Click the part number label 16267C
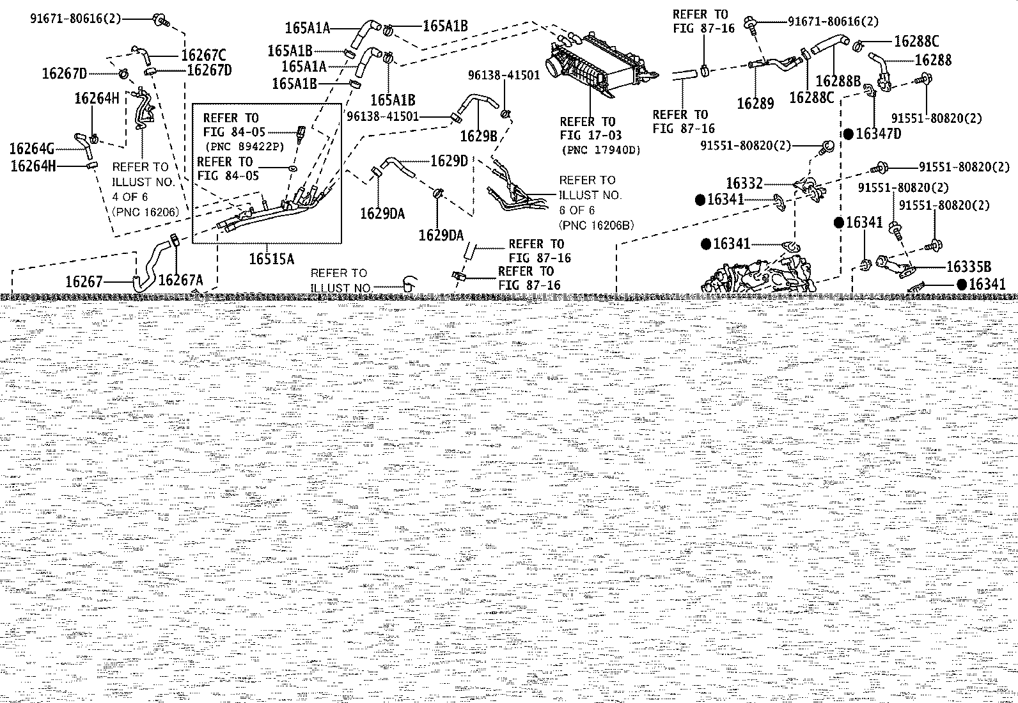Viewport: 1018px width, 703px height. click(203, 55)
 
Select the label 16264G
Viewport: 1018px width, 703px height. click(32, 148)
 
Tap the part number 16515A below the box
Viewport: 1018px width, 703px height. click(272, 258)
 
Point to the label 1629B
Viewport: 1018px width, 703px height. click(478, 136)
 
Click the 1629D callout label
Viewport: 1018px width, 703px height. click(449, 161)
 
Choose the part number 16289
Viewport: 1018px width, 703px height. click(755, 103)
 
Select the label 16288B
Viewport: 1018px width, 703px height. click(838, 81)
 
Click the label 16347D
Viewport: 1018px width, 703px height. click(879, 134)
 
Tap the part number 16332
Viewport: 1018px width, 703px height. click(744, 183)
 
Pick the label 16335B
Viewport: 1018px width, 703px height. click(969, 267)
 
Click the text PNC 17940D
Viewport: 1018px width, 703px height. click(601, 150)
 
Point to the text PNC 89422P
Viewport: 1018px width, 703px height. click(244, 146)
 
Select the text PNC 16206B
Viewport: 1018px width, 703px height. click(596, 225)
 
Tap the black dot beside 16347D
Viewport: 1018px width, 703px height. click(849, 134)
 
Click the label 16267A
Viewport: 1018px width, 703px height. click(181, 280)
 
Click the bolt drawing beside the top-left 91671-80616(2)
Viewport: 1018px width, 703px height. click(161, 20)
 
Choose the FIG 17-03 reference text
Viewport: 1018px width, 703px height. click(591, 135)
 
